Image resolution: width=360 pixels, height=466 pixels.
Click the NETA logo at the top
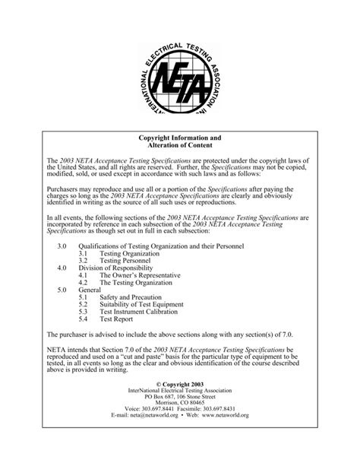click(x=180, y=71)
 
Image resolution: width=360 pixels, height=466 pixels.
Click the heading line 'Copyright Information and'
click(x=180, y=138)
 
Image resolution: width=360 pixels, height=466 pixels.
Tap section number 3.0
click(x=62, y=246)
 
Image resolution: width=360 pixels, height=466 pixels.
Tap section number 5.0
click(x=62, y=290)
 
